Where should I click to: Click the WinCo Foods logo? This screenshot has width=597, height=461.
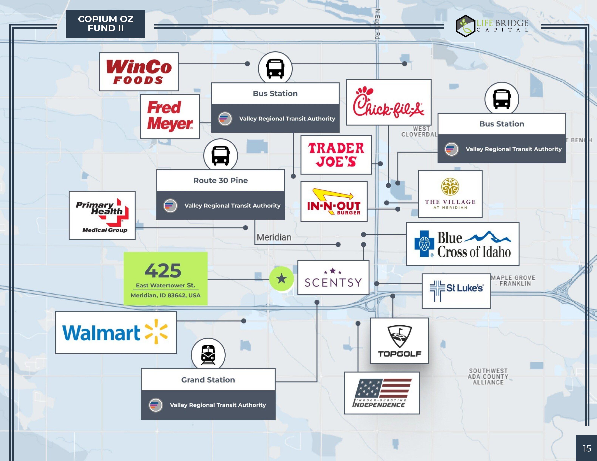(x=139, y=72)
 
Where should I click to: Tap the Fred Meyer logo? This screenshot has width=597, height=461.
(x=170, y=116)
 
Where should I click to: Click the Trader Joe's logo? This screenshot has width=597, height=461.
(x=336, y=155)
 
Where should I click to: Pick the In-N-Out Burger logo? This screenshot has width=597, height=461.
(x=334, y=201)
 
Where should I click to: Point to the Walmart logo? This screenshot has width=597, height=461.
(x=116, y=333)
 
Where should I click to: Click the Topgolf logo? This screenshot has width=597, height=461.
(x=399, y=341)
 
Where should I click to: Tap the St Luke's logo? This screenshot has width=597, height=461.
(x=456, y=291)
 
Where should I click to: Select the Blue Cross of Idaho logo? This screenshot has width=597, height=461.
(x=462, y=244)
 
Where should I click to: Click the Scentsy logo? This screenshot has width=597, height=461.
(x=333, y=278)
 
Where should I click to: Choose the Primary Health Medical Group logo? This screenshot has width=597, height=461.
(x=102, y=215)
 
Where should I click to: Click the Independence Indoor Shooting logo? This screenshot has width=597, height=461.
(x=382, y=393)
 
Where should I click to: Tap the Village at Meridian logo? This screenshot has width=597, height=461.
(x=450, y=194)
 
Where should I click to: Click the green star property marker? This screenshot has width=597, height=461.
(x=281, y=279)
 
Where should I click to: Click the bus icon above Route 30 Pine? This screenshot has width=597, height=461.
(x=221, y=155)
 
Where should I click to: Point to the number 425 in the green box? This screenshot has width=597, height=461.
(x=163, y=270)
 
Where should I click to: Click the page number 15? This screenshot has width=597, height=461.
(x=587, y=448)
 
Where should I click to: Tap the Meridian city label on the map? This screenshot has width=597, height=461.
(x=274, y=237)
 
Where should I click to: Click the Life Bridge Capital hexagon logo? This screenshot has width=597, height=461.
(x=465, y=26)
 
